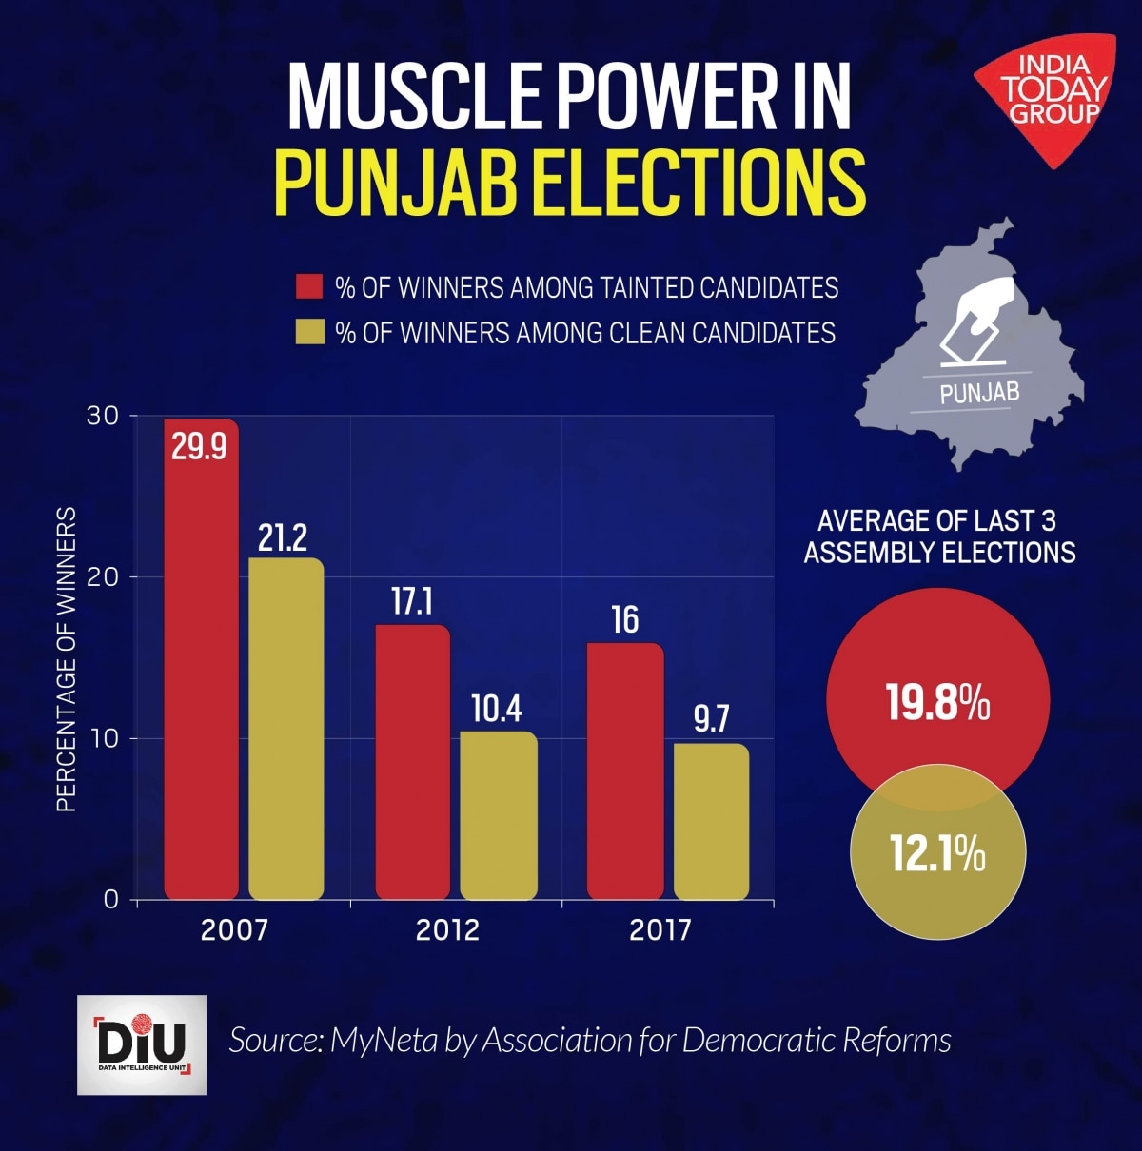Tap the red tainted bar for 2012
[412, 761]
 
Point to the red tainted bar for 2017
[624, 771]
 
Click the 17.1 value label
[412, 601]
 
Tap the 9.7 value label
[711, 720]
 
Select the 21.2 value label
[283, 538]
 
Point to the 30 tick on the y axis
[105, 417]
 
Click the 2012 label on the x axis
[447, 929]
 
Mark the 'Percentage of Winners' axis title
[66, 659]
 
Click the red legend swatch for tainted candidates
[309, 287]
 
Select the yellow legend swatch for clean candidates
[309, 332]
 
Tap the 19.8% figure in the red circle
[937, 704]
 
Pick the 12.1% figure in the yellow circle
[937, 853]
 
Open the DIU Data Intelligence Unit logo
[142, 1044]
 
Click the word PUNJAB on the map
[978, 392]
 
